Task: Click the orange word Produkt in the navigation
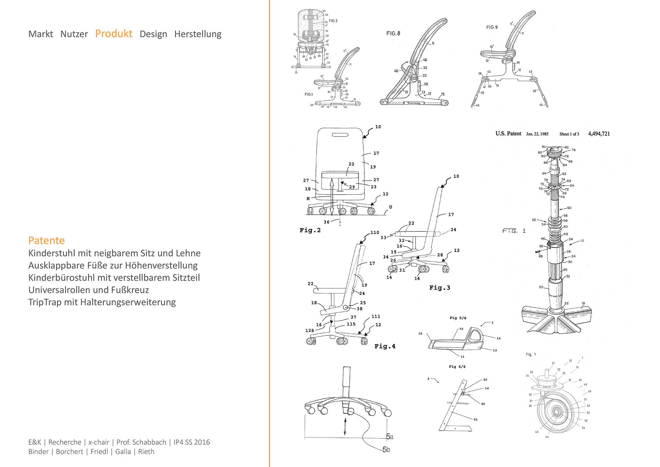[113, 34]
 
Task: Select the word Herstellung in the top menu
[198, 34]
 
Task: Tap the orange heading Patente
[46, 240]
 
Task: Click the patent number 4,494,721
[599, 134]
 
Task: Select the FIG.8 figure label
[393, 33]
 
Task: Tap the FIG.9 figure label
[492, 27]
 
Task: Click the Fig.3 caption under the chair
[439, 288]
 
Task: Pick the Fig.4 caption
[385, 346]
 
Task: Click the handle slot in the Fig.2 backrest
[340, 134]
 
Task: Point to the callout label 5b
[386, 449]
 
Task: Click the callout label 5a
[389, 437]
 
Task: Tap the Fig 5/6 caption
[458, 318]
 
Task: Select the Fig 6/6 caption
[457, 367]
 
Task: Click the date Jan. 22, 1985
[537, 134]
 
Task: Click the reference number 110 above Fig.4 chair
[374, 232]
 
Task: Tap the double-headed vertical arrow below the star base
[345, 427]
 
